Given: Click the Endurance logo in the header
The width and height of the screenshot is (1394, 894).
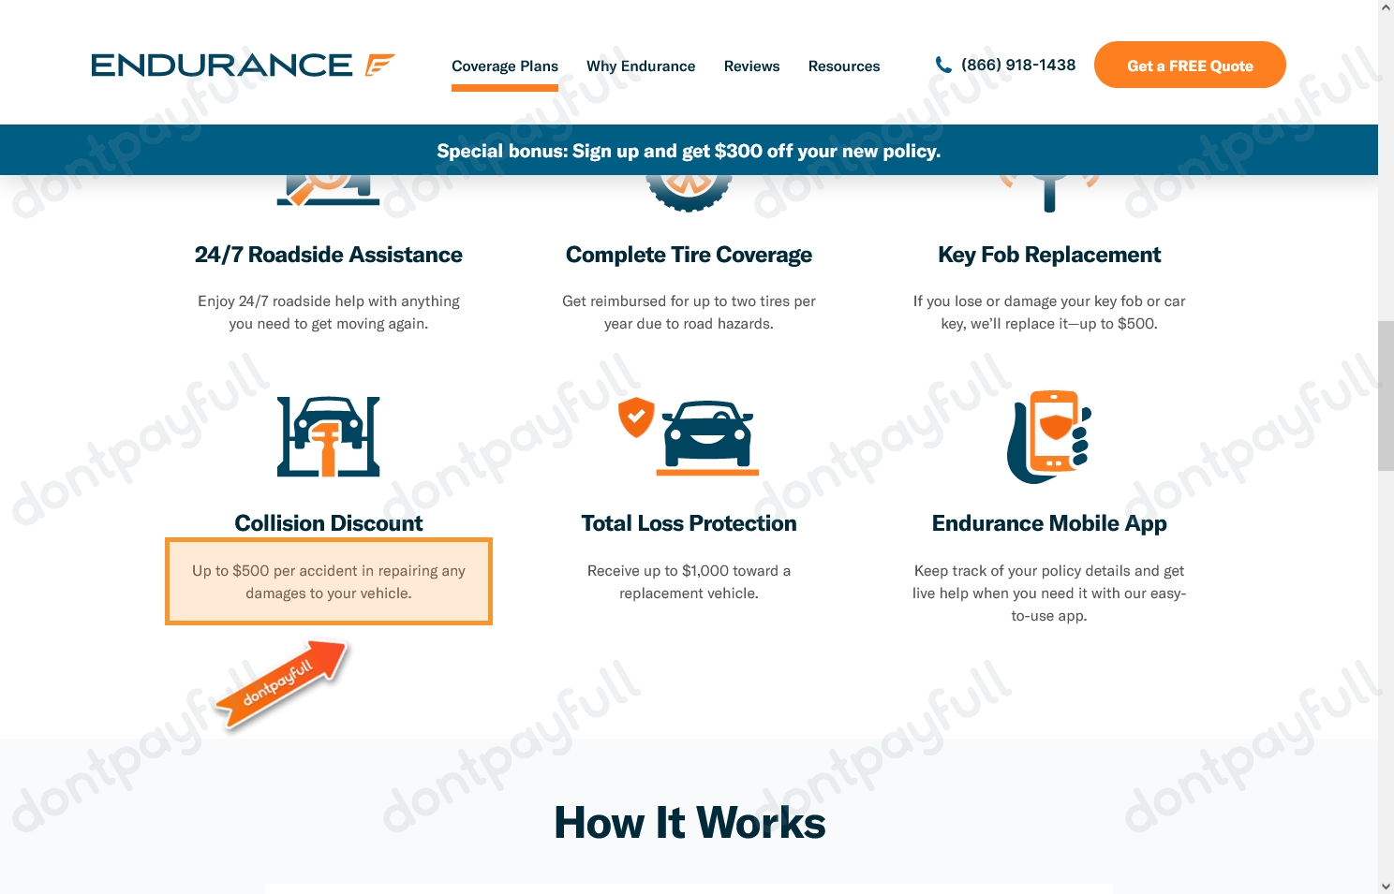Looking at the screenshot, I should pyautogui.click(x=243, y=65).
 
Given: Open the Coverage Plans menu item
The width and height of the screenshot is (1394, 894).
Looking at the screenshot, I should pyautogui.click(x=504, y=66).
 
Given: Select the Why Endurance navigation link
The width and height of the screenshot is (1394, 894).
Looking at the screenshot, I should pyautogui.click(x=641, y=66).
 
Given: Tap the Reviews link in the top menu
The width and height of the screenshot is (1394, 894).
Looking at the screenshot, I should pyautogui.click(x=751, y=66).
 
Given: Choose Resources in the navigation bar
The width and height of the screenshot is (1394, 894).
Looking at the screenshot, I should pyautogui.click(x=843, y=66).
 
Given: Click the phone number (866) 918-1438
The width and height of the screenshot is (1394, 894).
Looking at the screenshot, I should pyautogui.click(x=1017, y=65).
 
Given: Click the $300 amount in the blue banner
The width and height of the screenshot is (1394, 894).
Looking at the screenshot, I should pyautogui.click(x=738, y=151).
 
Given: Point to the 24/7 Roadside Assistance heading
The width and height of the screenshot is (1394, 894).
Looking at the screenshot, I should pyautogui.click(x=328, y=255).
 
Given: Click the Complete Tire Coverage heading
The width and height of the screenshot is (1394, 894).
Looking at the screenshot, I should pyautogui.click(x=689, y=255).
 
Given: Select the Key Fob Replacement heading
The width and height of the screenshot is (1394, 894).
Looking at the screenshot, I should pyautogui.click(x=1048, y=255).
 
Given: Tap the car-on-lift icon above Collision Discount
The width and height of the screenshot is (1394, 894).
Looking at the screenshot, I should pyautogui.click(x=329, y=436).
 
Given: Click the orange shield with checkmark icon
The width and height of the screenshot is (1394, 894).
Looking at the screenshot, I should pyautogui.click(x=636, y=417).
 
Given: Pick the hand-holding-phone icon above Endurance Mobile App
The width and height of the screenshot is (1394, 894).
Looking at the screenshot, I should pyautogui.click(x=1049, y=436).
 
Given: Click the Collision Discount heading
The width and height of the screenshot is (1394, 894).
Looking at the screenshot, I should pyautogui.click(x=328, y=523).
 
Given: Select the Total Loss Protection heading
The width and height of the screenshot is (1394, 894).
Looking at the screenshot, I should pyautogui.click(x=689, y=523).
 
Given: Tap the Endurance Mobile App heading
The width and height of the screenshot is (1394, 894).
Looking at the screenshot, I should pyautogui.click(x=1048, y=523).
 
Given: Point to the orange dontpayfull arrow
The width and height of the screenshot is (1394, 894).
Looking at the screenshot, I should pyautogui.click(x=282, y=682).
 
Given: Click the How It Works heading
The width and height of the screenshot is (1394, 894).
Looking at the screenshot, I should pyautogui.click(x=690, y=823).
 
